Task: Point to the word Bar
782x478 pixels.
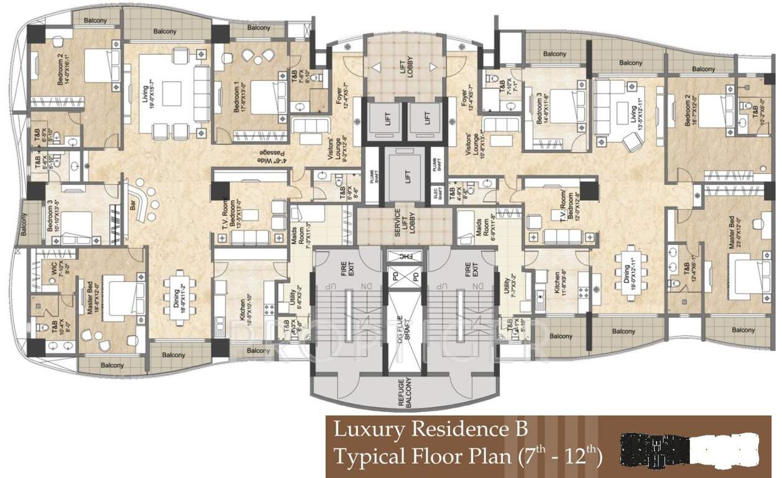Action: point(132,206)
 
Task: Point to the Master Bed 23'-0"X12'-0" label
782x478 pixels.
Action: point(735,231)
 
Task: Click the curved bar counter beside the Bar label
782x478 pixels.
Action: point(145,203)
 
